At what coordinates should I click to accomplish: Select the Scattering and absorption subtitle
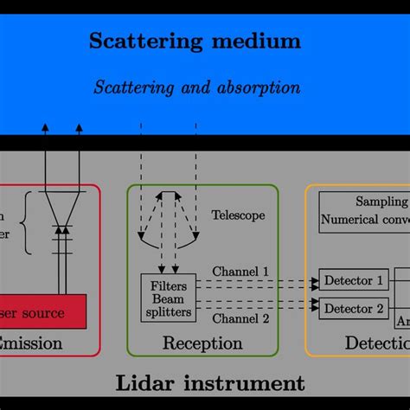click(x=196, y=87)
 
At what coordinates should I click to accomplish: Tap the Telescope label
click(x=238, y=215)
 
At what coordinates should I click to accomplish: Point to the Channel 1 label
click(x=242, y=272)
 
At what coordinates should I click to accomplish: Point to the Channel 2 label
click(x=242, y=317)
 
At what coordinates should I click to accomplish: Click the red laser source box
click(x=43, y=311)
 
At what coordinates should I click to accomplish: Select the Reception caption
click(x=202, y=344)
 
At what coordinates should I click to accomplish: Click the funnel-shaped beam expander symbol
click(x=61, y=208)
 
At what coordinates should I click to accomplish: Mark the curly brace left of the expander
click(x=29, y=224)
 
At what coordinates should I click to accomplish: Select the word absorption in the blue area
click(x=257, y=87)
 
